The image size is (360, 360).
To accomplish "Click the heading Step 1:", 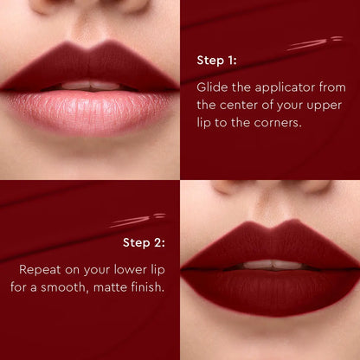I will (x=216, y=62).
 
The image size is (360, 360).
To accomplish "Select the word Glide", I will (x=213, y=87).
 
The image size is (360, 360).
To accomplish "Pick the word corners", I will (x=279, y=122).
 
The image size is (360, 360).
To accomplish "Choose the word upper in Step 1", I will (x=312, y=105).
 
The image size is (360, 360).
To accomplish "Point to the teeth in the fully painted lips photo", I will (x=270, y=264).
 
